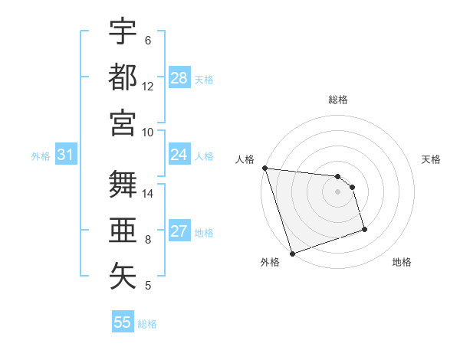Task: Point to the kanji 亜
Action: coord(123,230)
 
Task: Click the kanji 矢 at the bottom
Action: coord(123,274)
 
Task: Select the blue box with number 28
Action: coord(179,78)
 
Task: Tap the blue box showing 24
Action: coord(179,155)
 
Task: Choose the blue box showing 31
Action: coord(66,155)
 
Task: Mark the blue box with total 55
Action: coord(123,322)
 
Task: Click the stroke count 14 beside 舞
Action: coord(149,195)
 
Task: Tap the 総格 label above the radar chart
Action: coord(338,100)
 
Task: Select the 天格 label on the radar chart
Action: coord(431,159)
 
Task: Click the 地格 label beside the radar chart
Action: coord(402,262)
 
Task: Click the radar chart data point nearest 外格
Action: coord(292,254)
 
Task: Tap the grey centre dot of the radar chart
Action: coord(337,191)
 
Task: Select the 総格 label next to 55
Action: coord(147,323)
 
